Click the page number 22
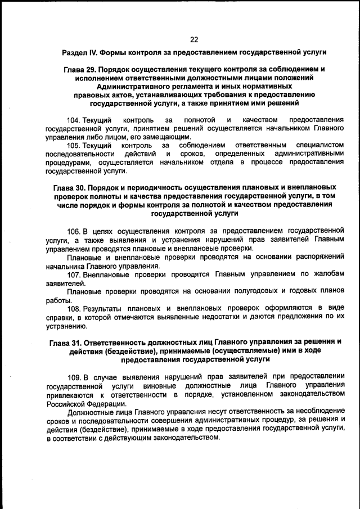194,39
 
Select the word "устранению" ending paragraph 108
66,326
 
